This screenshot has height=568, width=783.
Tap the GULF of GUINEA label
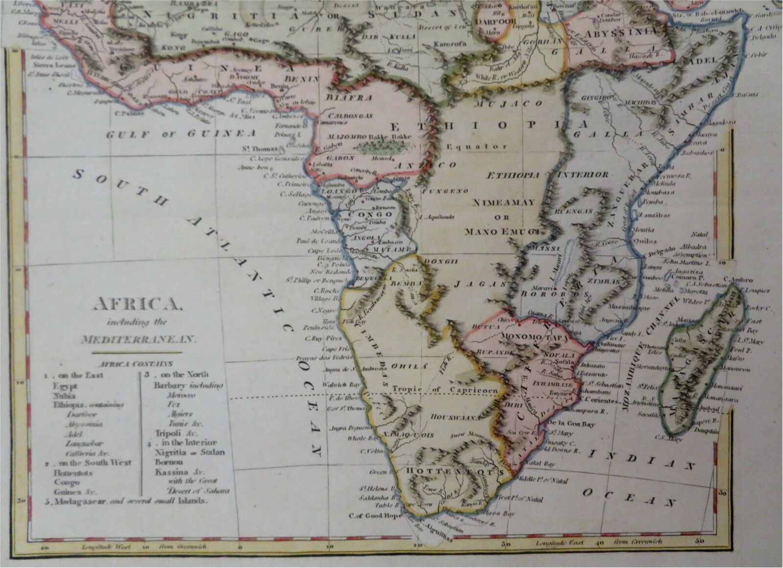[x=181, y=133]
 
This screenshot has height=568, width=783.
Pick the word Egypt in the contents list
[x=66, y=385]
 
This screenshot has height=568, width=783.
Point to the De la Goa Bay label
[x=571, y=424]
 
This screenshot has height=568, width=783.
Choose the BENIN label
[x=305, y=78]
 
